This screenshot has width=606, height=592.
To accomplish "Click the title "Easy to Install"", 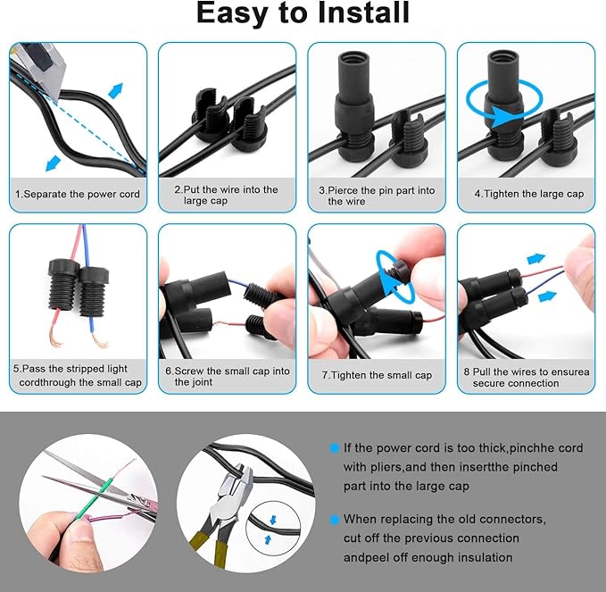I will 303,13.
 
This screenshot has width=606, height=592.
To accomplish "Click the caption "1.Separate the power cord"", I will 79,194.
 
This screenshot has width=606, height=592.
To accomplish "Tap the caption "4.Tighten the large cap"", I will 527,193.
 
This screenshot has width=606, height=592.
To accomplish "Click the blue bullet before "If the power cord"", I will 334,447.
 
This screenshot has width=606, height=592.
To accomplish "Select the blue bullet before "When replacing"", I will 334,519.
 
